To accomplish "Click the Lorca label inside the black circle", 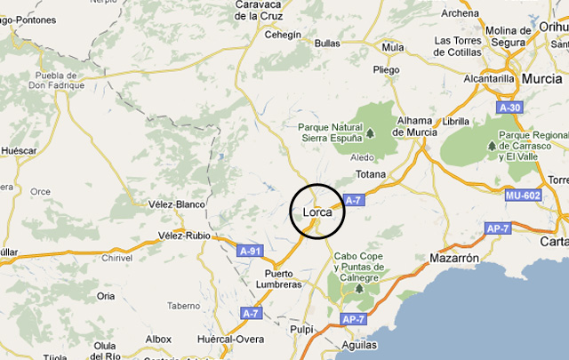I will point(317,212).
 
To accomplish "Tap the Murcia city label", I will point(541,78).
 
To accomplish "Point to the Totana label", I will point(371,174).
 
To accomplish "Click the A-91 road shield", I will point(251,252).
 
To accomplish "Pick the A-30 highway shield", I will point(509,108).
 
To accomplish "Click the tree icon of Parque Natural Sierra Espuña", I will point(370,134).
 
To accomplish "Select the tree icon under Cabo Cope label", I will point(359,289).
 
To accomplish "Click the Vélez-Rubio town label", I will point(184,236).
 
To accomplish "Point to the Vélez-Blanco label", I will point(176,204).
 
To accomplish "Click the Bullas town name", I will point(327,43).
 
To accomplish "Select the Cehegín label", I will point(284,35).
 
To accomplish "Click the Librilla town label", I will point(455,121).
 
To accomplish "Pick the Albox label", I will point(158,339).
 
